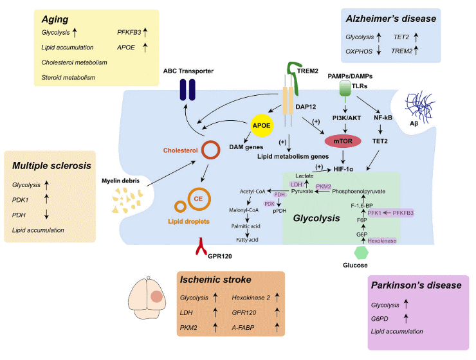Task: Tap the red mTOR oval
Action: [x=345, y=139]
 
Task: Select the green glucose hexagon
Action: [x=362, y=251]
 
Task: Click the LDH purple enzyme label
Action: [x=297, y=184]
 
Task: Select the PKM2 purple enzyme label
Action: [x=324, y=186]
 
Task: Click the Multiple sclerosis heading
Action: [x=50, y=166]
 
